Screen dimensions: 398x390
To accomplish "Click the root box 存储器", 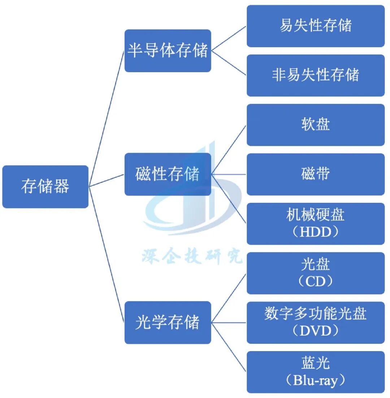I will coord(45,187).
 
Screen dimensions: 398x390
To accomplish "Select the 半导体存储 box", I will coord(168,51).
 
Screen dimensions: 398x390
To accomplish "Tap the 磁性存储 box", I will coord(168,174).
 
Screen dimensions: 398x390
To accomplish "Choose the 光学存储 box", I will coord(168,322).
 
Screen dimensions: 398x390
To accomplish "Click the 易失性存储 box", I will coord(315,26).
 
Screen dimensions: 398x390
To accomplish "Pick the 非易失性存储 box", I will coord(315,75).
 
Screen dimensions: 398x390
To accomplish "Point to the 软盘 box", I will coord(315,125).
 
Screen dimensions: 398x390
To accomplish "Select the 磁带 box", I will coord(315,174).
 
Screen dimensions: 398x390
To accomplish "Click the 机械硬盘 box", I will coord(315,215).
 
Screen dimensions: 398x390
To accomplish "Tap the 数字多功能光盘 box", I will coord(315,314).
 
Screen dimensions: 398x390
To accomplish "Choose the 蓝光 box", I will coord(315,363).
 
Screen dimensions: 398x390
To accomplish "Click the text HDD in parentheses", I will coord(315,232).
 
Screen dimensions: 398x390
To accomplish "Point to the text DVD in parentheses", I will coord(315,331).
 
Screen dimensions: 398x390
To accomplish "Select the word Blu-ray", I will coord(315,381).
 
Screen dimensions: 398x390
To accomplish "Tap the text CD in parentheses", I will coord(315,281).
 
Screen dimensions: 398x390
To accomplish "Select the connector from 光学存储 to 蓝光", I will coord(229,347).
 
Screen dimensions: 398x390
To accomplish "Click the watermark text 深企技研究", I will coord(191,257).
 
